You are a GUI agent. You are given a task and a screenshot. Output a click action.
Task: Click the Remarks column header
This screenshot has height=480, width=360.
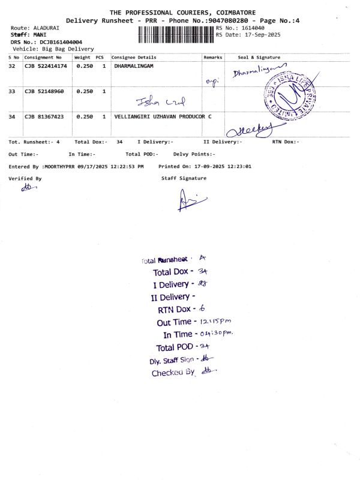(213, 58)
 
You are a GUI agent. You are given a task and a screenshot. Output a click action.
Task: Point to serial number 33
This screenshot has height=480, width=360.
(12, 91)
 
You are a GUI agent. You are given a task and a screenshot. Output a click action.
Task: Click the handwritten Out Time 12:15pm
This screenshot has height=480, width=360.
(207, 322)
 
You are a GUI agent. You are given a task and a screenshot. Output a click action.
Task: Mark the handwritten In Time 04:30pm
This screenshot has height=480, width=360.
(215, 334)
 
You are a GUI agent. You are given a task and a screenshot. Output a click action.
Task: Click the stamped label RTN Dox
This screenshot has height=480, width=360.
(174, 310)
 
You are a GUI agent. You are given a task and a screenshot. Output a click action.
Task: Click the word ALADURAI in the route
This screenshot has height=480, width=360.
(46, 28)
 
